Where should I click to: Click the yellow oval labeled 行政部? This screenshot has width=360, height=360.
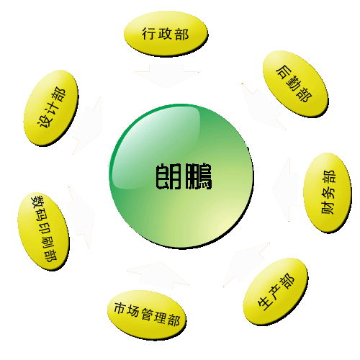point(166,34)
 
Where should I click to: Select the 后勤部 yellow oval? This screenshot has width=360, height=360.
point(295,84)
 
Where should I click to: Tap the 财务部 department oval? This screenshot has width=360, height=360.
point(328,193)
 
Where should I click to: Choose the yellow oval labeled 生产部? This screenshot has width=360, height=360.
point(276,291)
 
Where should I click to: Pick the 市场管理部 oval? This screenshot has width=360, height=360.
point(147,315)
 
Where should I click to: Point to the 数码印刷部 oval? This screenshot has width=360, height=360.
point(43,231)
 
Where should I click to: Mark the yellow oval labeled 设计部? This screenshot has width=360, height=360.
point(51,108)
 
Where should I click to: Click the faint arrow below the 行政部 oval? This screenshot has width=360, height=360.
point(166,76)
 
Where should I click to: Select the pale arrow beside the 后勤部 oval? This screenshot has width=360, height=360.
point(262,107)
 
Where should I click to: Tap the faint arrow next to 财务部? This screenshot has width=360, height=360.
point(285,189)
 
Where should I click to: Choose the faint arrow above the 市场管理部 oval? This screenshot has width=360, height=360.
point(158,274)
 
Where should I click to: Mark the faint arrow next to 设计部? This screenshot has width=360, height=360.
point(87,125)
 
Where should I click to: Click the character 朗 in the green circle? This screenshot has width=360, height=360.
point(168,176)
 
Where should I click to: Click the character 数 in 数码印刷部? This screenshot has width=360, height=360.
point(38,201)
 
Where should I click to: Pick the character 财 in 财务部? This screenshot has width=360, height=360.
point(328,208)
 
